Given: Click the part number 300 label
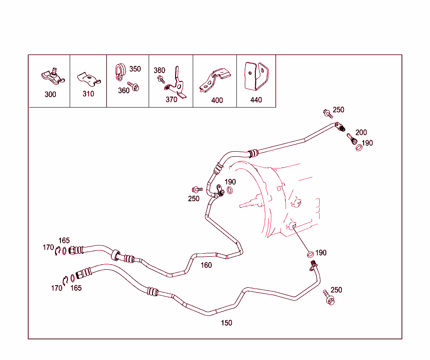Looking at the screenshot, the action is coord(50,95).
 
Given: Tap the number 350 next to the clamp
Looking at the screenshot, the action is coord(135,69).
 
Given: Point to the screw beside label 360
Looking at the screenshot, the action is coord(134,86).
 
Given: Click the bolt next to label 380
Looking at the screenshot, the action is coord(161,80).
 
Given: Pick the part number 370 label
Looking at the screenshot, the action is coord(171,100).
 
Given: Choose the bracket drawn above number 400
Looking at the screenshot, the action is coord(215,80).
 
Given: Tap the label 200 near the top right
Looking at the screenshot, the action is coord(361,132).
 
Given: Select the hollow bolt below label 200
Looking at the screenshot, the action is coord(351,139).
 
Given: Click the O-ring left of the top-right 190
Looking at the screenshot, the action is coord(359,148).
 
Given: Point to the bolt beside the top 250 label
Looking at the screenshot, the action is coord(328,113).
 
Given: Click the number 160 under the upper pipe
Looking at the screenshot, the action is coord(206,265).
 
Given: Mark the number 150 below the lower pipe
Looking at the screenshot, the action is coord(226,323).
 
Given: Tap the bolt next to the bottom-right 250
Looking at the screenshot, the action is coord(328,297).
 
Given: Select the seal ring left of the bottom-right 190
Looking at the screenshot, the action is coord(310,255).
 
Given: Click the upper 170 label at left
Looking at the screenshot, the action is coord(48,247).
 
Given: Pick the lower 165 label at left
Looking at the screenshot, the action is coord(76,288).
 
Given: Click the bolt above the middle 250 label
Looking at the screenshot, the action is coord(197,189).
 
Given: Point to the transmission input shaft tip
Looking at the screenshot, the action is coord(240,206).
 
